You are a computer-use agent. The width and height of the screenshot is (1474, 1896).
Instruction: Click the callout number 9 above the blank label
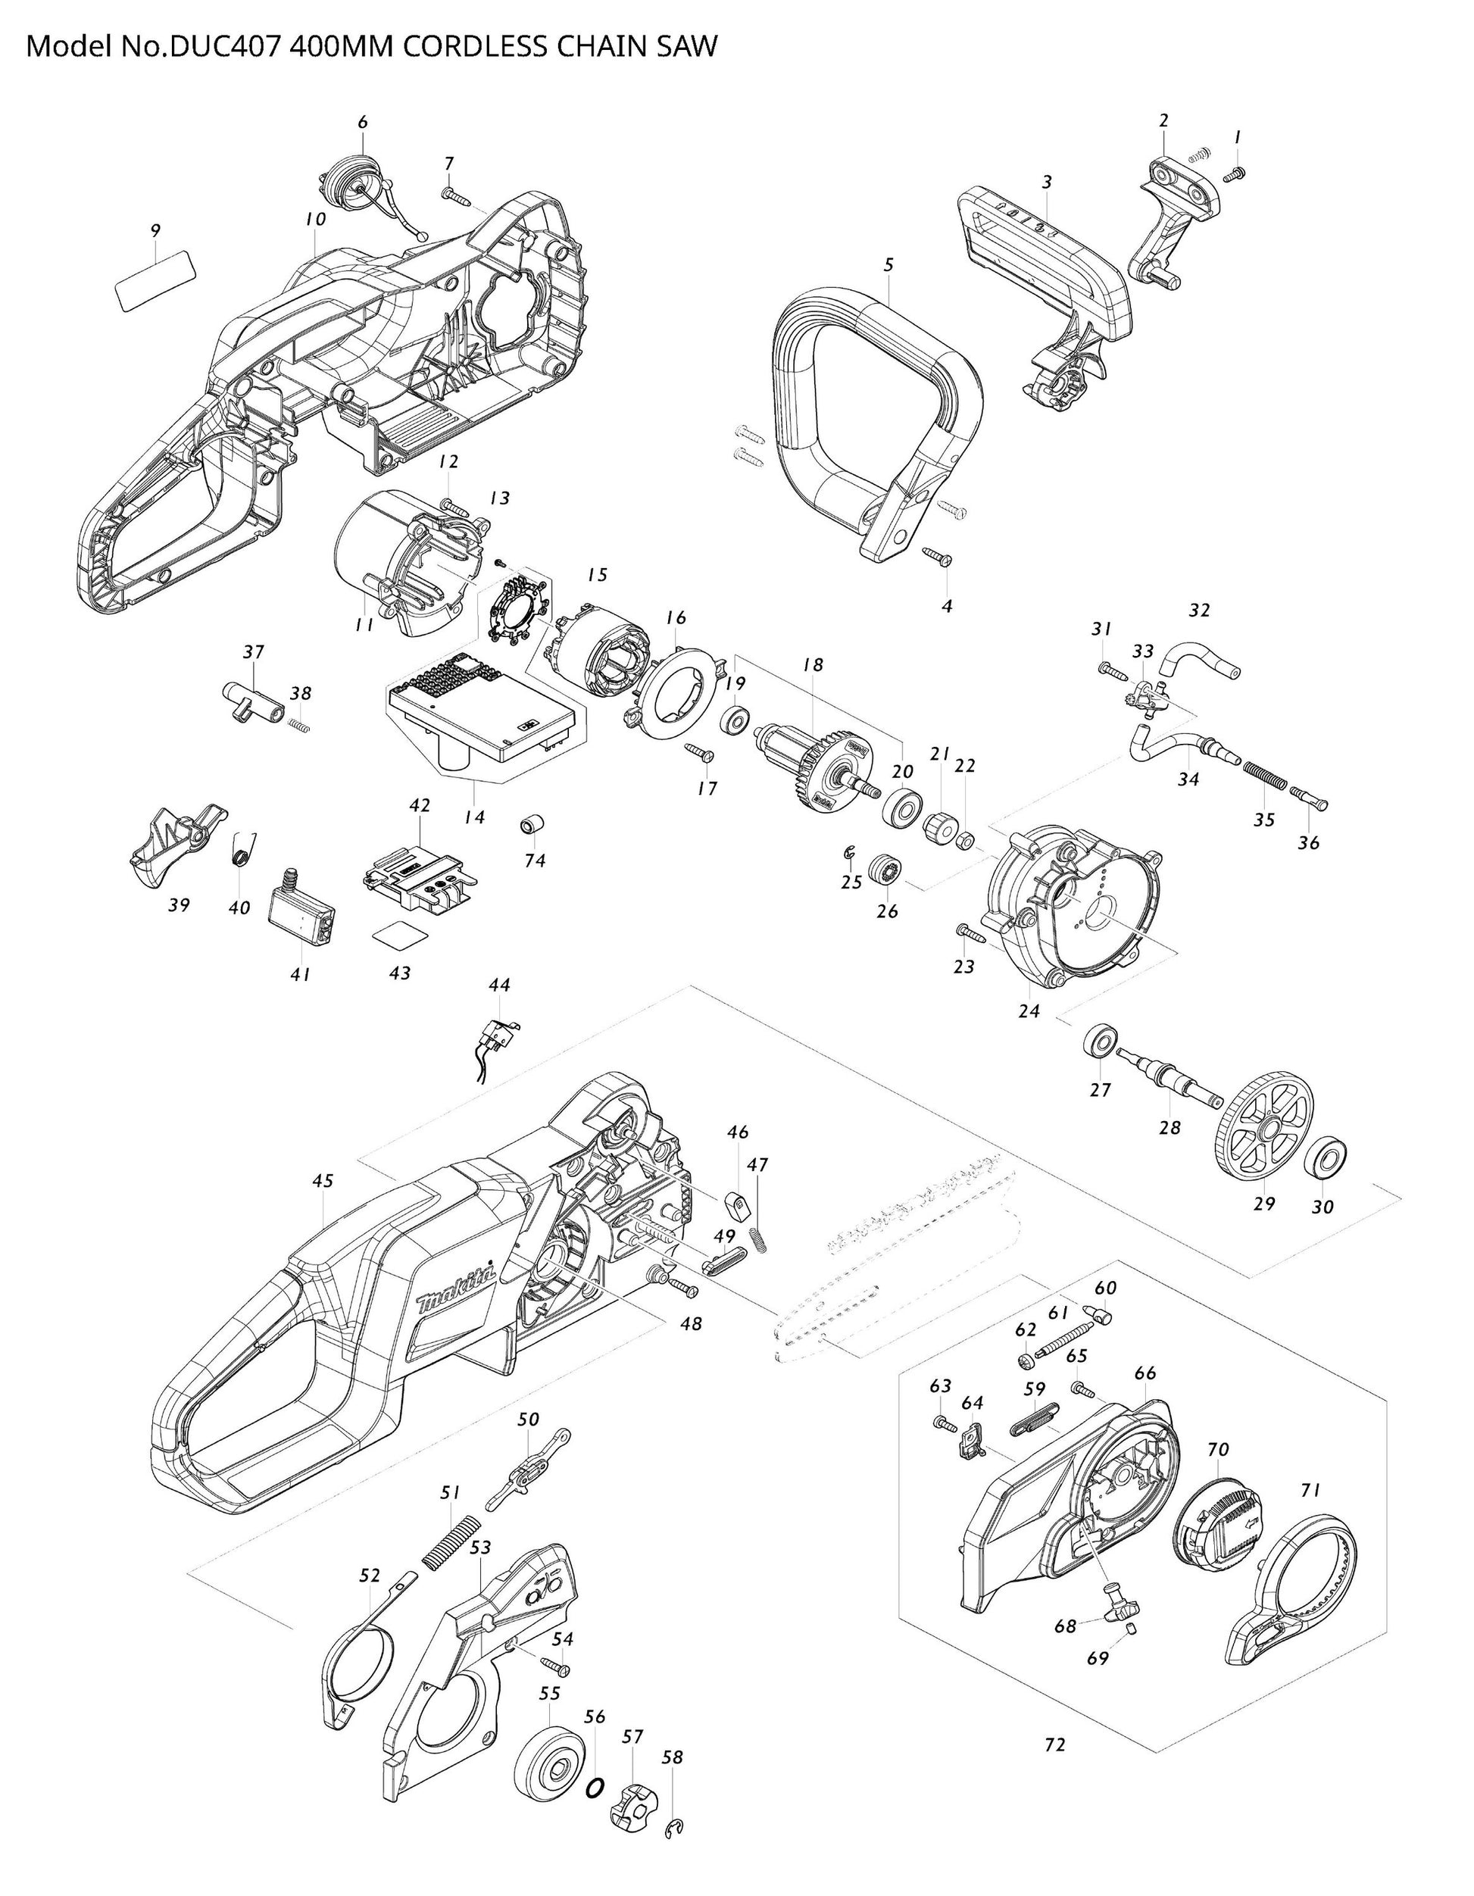coord(155,231)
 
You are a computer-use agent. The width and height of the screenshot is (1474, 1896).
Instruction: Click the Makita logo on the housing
coord(457,1290)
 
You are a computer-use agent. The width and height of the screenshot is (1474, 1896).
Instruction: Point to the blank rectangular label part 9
coord(155,279)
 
